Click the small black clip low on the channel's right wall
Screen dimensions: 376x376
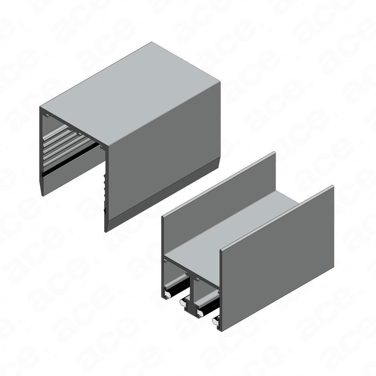[105, 211]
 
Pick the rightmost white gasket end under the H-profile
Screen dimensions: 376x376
[215, 320]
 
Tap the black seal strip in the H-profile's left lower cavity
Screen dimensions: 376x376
[177, 287]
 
